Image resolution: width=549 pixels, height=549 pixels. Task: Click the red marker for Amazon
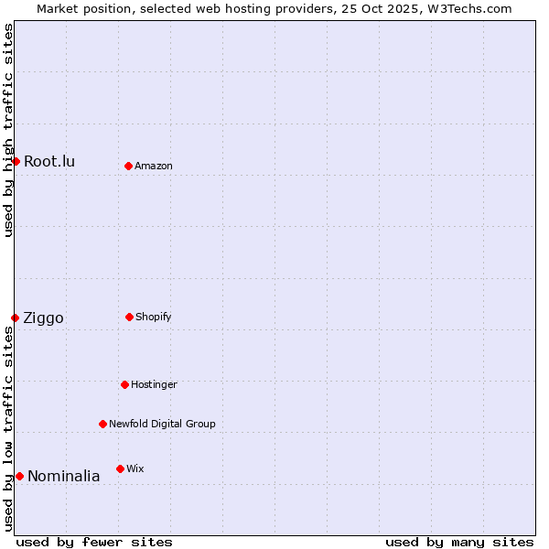coord(128,166)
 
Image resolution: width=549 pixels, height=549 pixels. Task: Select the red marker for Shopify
coord(129,317)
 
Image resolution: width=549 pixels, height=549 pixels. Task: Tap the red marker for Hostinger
coord(124,384)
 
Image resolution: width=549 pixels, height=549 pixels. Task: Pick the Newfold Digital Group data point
coord(102,424)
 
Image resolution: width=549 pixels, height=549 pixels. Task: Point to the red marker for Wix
coord(120,468)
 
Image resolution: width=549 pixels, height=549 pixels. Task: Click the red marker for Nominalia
coord(19,476)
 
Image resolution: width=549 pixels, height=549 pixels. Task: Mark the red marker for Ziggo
coord(15,318)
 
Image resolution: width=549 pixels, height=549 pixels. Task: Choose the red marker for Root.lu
coord(16,161)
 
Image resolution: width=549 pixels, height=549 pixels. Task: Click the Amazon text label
coord(154,166)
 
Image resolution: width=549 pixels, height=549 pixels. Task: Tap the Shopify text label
coord(154,317)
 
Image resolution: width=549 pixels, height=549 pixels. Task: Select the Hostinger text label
coord(154,384)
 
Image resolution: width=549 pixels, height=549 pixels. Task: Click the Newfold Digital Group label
coord(162,424)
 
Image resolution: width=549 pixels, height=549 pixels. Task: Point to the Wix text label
coord(135,468)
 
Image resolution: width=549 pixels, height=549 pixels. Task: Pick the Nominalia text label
coord(64,476)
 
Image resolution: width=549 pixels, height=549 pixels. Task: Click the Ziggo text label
coord(44,318)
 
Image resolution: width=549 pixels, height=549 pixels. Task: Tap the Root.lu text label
coord(49,161)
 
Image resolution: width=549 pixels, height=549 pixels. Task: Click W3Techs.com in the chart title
coord(466,8)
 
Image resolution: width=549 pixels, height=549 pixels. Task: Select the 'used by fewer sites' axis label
coord(94,542)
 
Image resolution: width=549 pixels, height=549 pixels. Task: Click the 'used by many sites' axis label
coord(459,542)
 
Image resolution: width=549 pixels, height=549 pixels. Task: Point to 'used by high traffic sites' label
coord(8,130)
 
